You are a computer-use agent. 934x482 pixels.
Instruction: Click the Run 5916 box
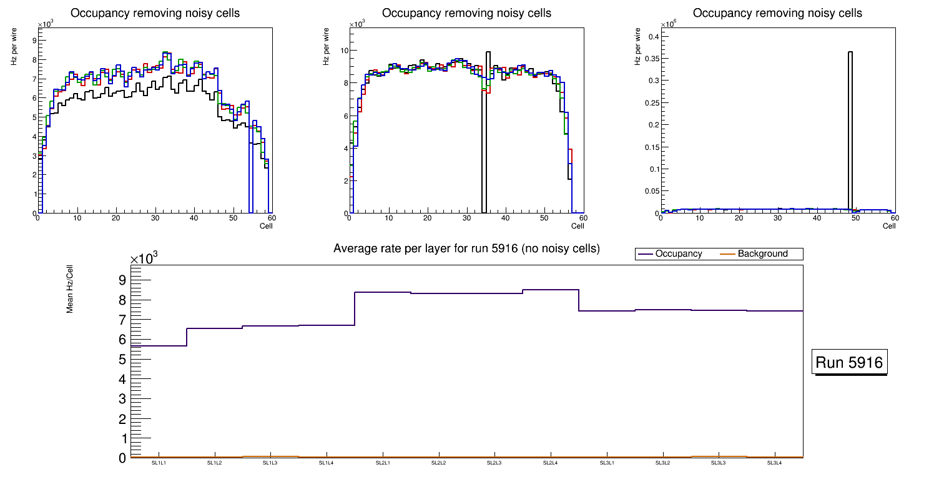[x=850, y=363]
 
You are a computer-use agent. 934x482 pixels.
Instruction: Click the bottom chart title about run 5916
[x=466, y=248]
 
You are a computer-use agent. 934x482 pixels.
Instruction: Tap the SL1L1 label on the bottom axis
[x=159, y=463]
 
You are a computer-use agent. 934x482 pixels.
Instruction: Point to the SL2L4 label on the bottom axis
[x=551, y=463]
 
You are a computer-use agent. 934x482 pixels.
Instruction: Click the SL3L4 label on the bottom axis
[x=774, y=463]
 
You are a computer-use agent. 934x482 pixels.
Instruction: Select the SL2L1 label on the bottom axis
[x=383, y=463]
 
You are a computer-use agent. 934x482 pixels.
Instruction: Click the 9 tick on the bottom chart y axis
[x=122, y=280]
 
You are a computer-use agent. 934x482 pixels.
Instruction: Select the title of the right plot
[x=777, y=13]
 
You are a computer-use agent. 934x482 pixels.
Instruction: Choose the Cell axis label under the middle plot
[x=578, y=225]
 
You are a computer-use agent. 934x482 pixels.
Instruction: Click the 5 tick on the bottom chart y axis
[x=122, y=360]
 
